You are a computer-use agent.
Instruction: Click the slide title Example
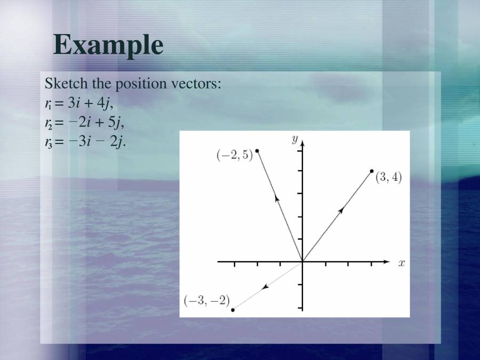point(108,45)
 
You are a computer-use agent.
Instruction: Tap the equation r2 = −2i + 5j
point(84,123)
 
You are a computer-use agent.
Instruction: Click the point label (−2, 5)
point(234,156)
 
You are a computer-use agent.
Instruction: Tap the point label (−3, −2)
point(206,301)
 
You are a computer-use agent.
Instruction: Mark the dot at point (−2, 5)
point(257,151)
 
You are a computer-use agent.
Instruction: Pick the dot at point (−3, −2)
point(233,309)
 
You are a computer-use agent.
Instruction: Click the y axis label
point(294,139)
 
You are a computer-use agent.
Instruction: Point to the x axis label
point(401,262)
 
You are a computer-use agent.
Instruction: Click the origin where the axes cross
point(302,262)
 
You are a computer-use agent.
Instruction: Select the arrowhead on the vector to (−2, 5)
point(277,198)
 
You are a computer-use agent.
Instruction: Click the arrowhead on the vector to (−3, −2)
point(265,287)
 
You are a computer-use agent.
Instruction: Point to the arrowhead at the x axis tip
point(387,262)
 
